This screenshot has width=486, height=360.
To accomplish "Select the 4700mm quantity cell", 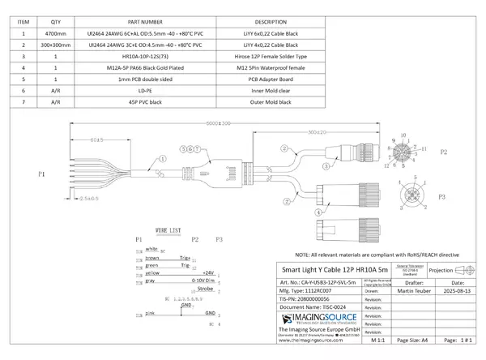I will pyautogui.click(x=56, y=34).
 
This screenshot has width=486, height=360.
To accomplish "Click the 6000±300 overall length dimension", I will pyautogui.click(x=219, y=123).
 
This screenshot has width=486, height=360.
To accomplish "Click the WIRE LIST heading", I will pyautogui.click(x=168, y=231).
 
